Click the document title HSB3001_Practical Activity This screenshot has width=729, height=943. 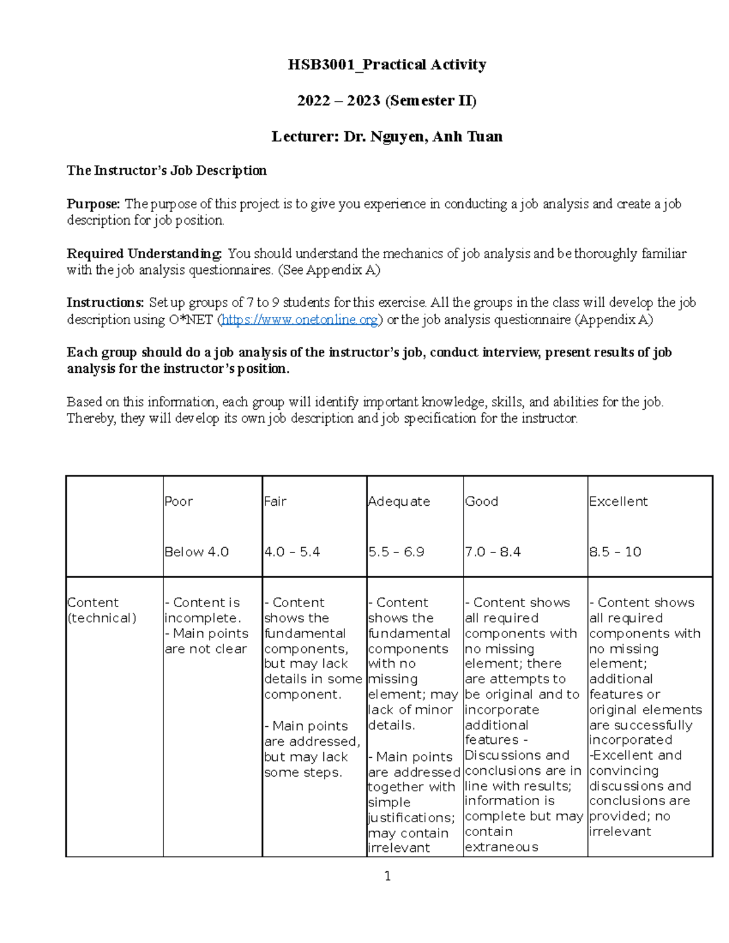click(x=386, y=65)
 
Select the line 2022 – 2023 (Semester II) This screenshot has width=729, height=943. click(x=386, y=101)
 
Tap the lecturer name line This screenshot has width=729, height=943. click(x=386, y=137)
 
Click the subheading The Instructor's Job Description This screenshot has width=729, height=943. click(x=166, y=171)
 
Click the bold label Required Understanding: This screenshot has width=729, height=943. click(x=145, y=254)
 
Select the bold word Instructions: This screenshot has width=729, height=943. click(x=105, y=303)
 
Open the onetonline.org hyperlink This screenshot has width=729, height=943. click(x=300, y=320)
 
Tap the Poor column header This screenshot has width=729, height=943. click(x=179, y=502)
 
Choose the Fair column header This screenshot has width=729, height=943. click(x=275, y=502)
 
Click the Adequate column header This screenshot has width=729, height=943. click(x=399, y=502)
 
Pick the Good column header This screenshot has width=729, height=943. click(x=482, y=502)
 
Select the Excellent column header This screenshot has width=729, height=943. click(x=618, y=502)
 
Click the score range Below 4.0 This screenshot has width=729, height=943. click(x=196, y=552)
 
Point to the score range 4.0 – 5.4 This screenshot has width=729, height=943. click(x=292, y=552)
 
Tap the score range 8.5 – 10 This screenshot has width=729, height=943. click(x=615, y=552)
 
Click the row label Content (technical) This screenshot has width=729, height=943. click(x=101, y=610)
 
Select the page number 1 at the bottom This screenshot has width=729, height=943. click(x=388, y=876)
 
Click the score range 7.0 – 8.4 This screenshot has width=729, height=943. click(x=493, y=552)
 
